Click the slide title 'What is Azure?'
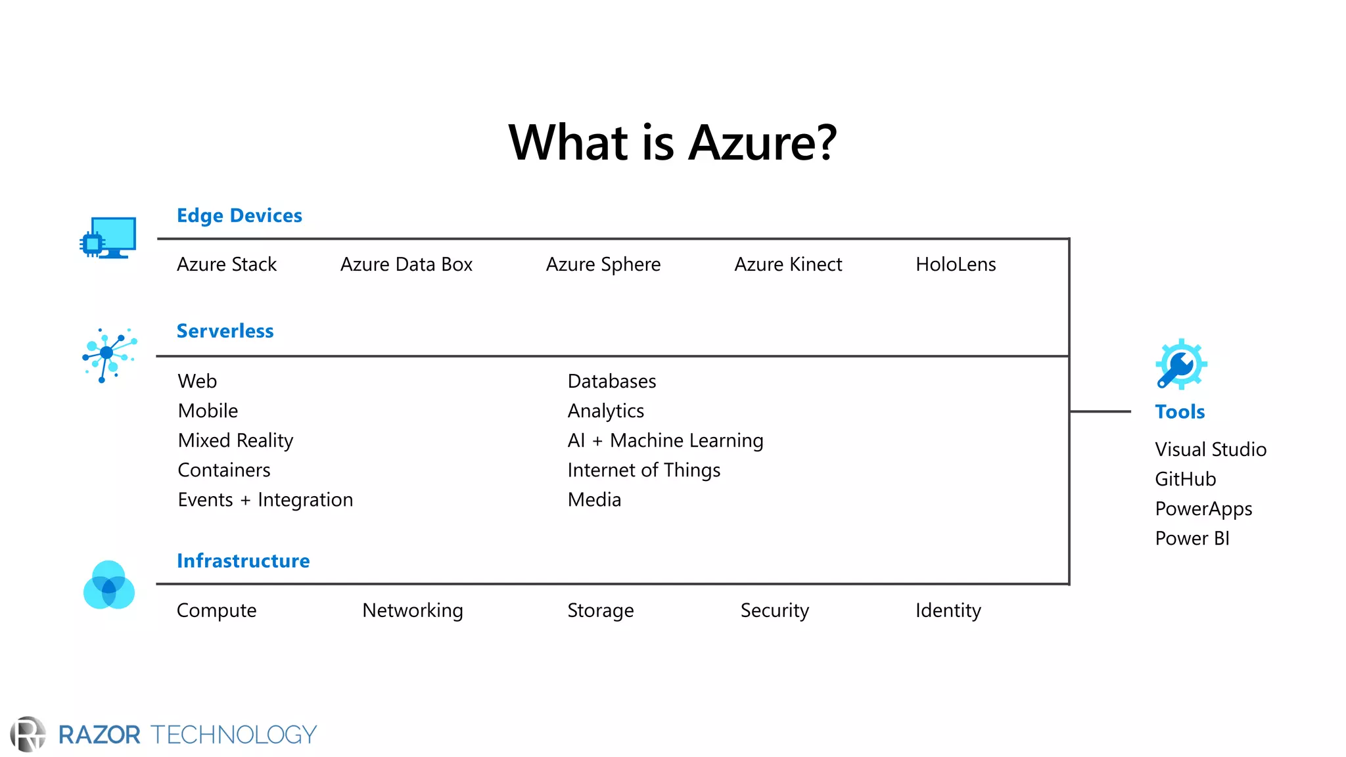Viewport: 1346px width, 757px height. click(x=672, y=143)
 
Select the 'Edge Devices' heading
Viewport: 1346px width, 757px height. click(x=239, y=216)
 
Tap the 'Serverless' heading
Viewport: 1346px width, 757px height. click(x=225, y=331)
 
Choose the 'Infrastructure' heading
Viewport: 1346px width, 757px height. click(x=243, y=561)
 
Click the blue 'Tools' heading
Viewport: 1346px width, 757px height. click(x=1180, y=412)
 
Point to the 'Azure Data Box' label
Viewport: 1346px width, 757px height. click(x=406, y=264)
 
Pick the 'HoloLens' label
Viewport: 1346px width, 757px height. click(x=956, y=264)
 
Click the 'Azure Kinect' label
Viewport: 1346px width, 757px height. click(x=788, y=264)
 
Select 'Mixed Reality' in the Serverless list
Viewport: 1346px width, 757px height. click(x=235, y=440)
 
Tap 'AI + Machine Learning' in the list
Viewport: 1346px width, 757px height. click(x=665, y=440)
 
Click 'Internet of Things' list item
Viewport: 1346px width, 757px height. click(x=643, y=470)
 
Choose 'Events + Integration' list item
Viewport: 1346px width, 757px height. click(x=265, y=499)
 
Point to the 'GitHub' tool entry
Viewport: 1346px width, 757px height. click(x=1185, y=479)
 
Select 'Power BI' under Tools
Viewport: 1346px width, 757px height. click(x=1192, y=538)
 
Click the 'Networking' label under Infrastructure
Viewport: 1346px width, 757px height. click(x=413, y=610)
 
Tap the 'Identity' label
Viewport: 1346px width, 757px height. click(x=948, y=610)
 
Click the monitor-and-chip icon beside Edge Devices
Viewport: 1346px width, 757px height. click(x=108, y=238)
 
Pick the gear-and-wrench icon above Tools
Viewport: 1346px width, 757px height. click(x=1180, y=364)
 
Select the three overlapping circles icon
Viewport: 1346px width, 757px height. click(x=109, y=585)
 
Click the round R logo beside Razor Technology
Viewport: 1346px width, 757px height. click(x=28, y=734)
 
